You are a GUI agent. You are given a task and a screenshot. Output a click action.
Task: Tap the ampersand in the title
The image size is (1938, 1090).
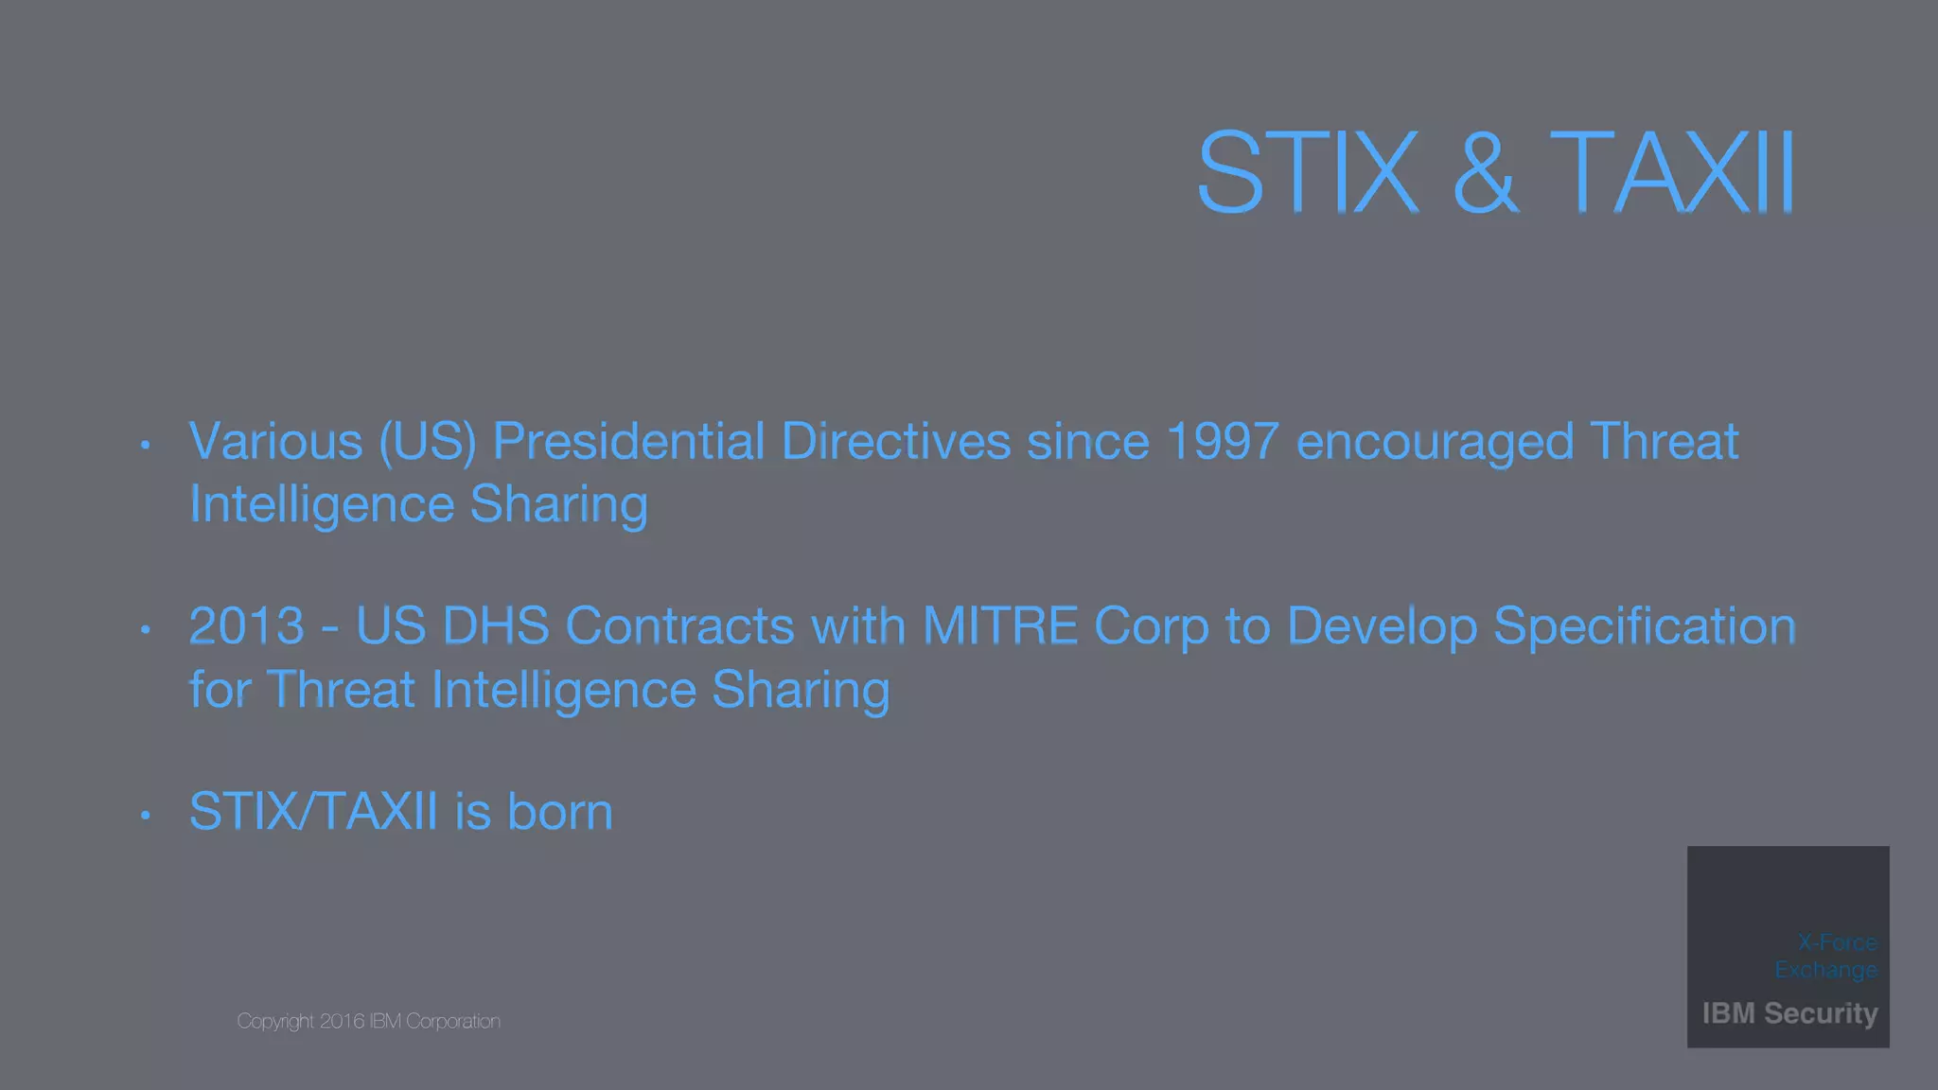click(x=1485, y=172)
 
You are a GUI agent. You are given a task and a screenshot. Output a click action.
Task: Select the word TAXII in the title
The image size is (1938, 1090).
click(x=1672, y=172)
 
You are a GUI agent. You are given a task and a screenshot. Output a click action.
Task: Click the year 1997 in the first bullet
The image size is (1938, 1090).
click(x=1223, y=442)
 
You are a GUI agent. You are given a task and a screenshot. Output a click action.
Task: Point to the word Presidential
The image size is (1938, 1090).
click(x=628, y=442)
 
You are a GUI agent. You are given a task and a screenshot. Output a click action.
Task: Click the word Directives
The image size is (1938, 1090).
click(x=896, y=442)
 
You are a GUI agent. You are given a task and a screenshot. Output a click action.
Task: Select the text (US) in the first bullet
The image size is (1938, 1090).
click(x=427, y=442)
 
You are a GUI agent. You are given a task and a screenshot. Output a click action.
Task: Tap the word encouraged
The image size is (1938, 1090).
click(x=1435, y=442)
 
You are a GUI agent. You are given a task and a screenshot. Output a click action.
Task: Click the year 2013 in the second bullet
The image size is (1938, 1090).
click(x=247, y=626)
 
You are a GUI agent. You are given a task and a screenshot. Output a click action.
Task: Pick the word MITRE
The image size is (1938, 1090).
click(x=1000, y=626)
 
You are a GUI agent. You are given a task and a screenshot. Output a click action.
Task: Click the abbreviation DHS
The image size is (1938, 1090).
click(x=496, y=626)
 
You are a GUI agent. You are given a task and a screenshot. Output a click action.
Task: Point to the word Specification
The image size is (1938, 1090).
click(x=1645, y=626)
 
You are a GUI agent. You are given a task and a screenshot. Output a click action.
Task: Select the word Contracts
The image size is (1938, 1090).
click(x=679, y=626)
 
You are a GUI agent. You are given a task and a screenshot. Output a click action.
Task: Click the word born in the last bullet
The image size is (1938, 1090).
click(x=560, y=812)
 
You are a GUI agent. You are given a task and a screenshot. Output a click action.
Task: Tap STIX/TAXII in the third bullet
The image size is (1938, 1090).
click(x=313, y=812)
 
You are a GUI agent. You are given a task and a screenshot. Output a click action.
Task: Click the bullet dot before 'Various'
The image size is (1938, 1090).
click(x=145, y=444)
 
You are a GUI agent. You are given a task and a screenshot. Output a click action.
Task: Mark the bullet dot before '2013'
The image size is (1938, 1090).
click(x=145, y=629)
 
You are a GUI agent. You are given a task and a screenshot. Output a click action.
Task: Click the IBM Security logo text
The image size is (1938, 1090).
click(x=1789, y=1013)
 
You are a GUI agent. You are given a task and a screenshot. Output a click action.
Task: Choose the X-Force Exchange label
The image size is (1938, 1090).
click(x=1826, y=956)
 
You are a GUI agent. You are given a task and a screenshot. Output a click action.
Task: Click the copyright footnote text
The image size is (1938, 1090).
click(x=368, y=1021)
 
